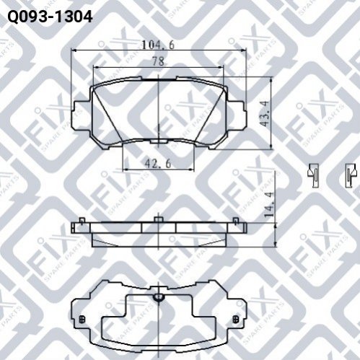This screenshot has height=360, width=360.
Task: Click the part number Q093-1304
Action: coord(50,17)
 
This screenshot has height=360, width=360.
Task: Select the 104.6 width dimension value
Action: coord(158,45)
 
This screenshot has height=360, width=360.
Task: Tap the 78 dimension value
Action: coord(158,61)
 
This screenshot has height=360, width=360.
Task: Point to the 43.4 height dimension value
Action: coord(265,113)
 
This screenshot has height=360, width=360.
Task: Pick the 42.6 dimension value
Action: coord(158,164)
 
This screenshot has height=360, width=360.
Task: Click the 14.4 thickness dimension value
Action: coord(269,204)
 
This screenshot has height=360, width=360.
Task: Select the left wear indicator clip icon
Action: coord(313,175)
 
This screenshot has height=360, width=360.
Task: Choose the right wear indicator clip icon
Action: coord(351,175)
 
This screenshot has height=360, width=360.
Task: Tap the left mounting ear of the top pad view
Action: coord(82,115)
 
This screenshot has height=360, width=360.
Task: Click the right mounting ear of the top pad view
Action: coord(237,115)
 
